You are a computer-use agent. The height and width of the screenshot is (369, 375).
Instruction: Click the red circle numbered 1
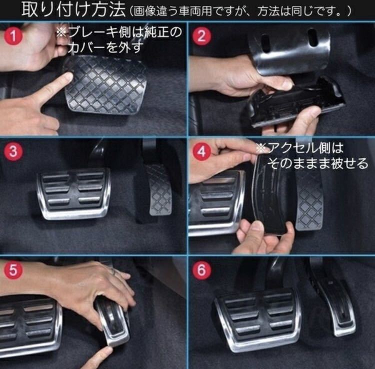[x=13, y=36]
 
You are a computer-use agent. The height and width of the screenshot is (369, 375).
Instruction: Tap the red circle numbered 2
[x=201, y=36]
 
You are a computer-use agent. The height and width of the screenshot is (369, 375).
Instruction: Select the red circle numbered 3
[x=13, y=151]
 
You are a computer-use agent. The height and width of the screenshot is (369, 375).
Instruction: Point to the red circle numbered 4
[x=201, y=151]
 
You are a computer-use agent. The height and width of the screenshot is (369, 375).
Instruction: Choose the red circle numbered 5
[x=13, y=270]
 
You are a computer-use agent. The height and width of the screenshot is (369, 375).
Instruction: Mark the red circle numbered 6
[x=201, y=270]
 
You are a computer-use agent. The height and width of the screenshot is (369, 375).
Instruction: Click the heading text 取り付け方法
[x=73, y=10]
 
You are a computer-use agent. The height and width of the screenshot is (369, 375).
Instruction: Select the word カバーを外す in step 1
[x=105, y=47]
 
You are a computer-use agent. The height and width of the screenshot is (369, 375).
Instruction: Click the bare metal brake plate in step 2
[x=290, y=49]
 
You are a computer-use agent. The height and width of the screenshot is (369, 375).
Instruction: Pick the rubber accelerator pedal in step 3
[x=160, y=190]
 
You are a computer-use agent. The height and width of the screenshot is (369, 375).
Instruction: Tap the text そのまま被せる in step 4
[x=317, y=163]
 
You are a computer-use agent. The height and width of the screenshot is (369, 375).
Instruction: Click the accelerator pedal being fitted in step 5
[x=113, y=322]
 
